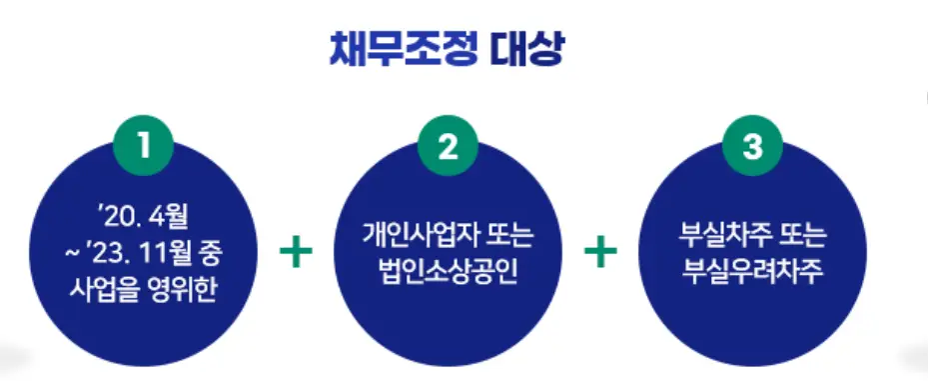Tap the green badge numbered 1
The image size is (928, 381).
tap(145, 148)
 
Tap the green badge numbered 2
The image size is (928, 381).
tap(449, 148)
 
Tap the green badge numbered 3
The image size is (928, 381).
tap(752, 148)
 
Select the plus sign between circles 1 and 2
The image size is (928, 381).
tap(297, 252)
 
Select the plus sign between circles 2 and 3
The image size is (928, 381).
tap(600, 252)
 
